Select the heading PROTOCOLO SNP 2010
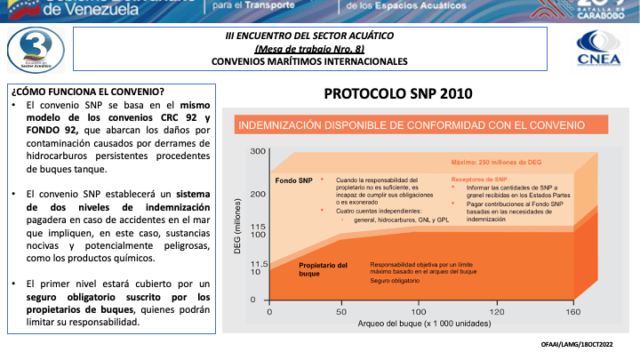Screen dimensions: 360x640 pos(397,93)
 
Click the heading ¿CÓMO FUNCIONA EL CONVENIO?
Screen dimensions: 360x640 pos(87,92)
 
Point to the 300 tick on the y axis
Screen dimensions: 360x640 pos(259,151)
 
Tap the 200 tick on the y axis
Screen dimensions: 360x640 pos(259,193)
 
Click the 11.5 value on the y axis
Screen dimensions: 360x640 pos(258,264)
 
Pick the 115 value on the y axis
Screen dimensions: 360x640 pos(259,227)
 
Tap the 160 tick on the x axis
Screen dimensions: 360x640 pos(573,312)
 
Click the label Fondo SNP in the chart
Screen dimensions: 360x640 pos(293,180)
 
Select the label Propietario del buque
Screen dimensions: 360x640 pos(323,269)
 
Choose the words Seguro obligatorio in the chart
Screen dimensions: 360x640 pos(395,280)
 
